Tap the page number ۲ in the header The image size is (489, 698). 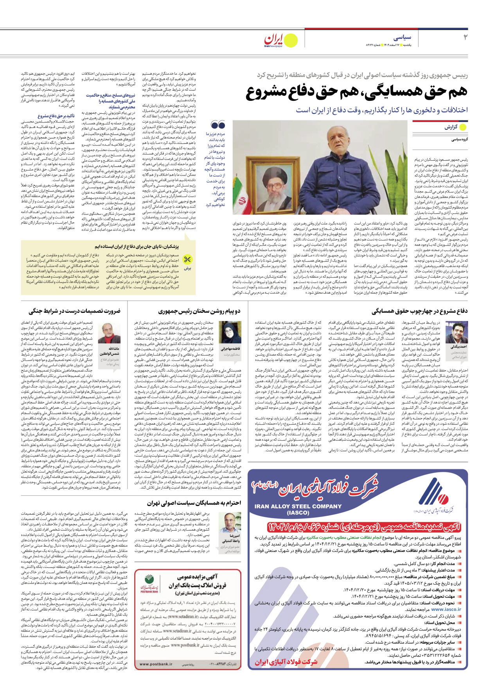tap(465, 38)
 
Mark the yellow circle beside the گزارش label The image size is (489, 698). tap(463, 127)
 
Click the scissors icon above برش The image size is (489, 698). tap(188, 260)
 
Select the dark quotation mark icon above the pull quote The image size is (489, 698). tap(218, 125)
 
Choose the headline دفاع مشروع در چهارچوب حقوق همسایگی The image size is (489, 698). tap(419, 311)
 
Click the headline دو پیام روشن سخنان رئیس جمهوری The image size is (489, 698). tap(199, 311)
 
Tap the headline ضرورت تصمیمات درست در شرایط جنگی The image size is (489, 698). tap(74, 311)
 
